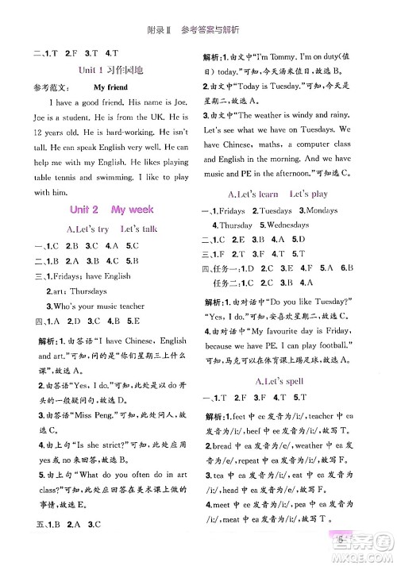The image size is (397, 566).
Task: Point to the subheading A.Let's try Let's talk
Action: (x=102, y=229)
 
